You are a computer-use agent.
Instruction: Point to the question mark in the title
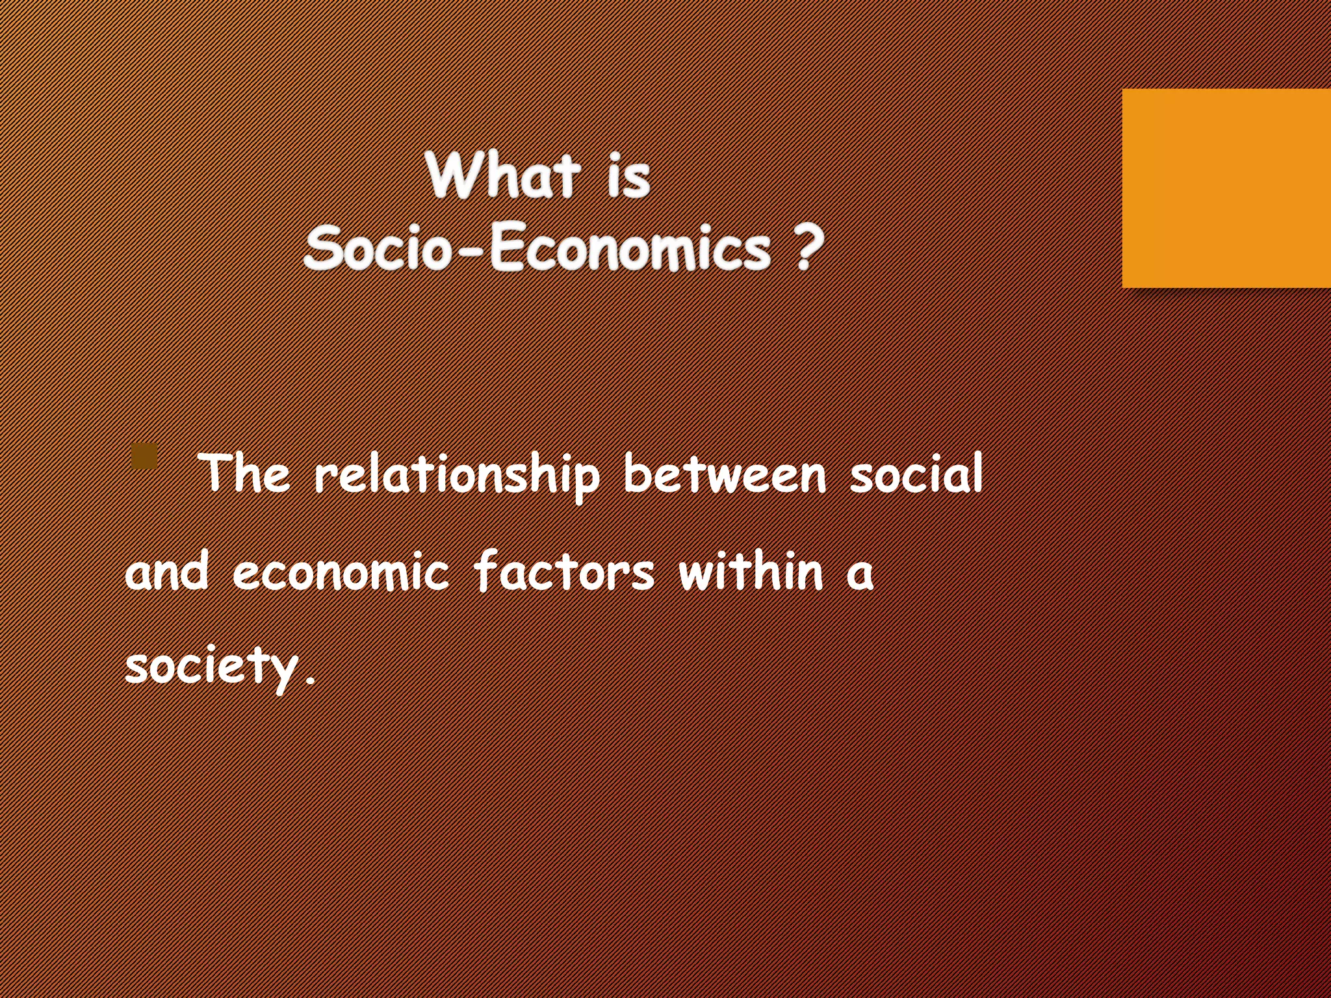tap(807, 248)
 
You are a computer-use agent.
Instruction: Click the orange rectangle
tap(1226, 188)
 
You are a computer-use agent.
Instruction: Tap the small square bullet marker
tap(144, 456)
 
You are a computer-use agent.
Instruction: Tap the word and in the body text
tap(167, 572)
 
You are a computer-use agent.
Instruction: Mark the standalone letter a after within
tap(859, 574)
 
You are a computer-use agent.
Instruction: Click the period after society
tap(310, 680)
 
